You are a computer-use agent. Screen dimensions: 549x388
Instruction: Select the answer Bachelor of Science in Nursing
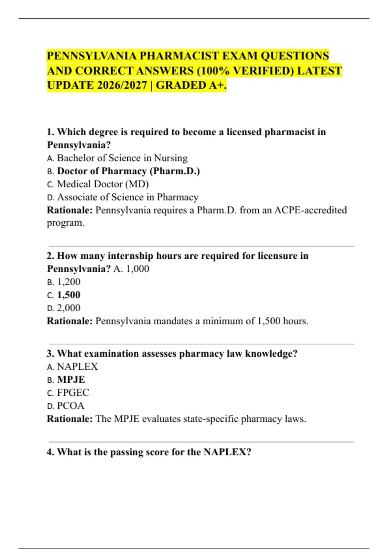click(x=122, y=158)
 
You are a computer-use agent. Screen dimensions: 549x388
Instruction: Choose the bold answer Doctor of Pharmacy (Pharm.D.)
click(x=128, y=171)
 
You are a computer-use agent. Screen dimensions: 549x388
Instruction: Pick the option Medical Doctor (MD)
click(x=103, y=184)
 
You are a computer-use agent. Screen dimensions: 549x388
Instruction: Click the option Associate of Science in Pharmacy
click(x=128, y=197)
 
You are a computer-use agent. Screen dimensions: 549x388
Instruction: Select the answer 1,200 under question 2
click(x=69, y=282)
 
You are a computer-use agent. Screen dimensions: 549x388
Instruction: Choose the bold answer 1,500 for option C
click(x=69, y=295)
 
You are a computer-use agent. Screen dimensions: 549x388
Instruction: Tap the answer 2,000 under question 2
click(x=69, y=308)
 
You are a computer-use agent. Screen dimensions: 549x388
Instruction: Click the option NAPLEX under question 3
click(x=77, y=367)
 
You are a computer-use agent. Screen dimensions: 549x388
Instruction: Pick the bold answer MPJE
click(x=71, y=379)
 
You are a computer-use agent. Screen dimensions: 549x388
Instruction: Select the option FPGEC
click(x=73, y=393)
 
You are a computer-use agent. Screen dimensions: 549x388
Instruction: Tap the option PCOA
click(x=70, y=406)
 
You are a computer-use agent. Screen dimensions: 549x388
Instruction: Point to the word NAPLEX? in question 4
click(x=227, y=452)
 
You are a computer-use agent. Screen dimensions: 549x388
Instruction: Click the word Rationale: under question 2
click(x=70, y=321)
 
